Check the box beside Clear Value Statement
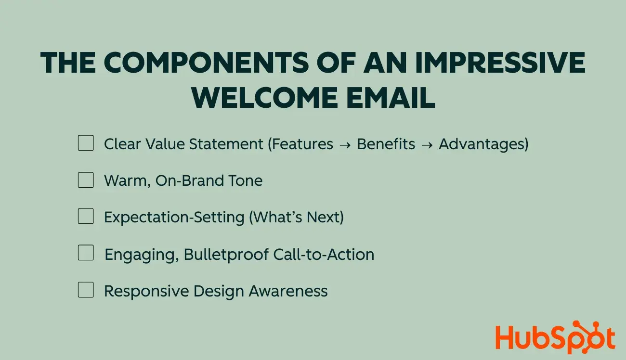[86, 143]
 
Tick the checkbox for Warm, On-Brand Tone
[86, 180]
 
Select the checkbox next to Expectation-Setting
[86, 217]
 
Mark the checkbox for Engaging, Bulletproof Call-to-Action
[86, 253]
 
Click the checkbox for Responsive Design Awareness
[86, 290]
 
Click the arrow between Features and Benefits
[345, 144]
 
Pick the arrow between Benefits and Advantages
[427, 144]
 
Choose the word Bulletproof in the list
[226, 254]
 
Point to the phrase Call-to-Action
[324, 254]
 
